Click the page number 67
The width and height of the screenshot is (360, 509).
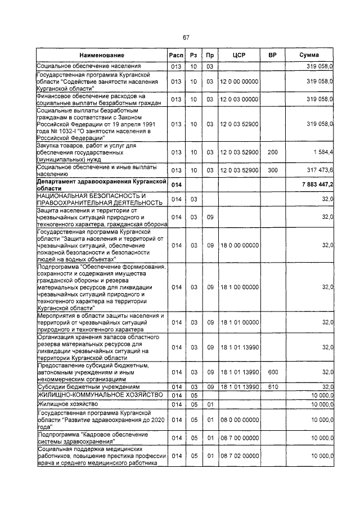tap(186, 37)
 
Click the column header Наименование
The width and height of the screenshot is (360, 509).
tap(101, 55)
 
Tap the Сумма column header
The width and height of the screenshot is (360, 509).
tap(309, 55)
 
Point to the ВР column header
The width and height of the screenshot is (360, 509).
tap(272, 55)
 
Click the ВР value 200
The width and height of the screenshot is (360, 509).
tap(272, 152)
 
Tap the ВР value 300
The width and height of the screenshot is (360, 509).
tap(272, 170)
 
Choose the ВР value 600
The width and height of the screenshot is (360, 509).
tap(272, 372)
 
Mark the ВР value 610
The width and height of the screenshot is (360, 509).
tap(272, 387)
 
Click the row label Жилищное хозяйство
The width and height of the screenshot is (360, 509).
tap(60, 404)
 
